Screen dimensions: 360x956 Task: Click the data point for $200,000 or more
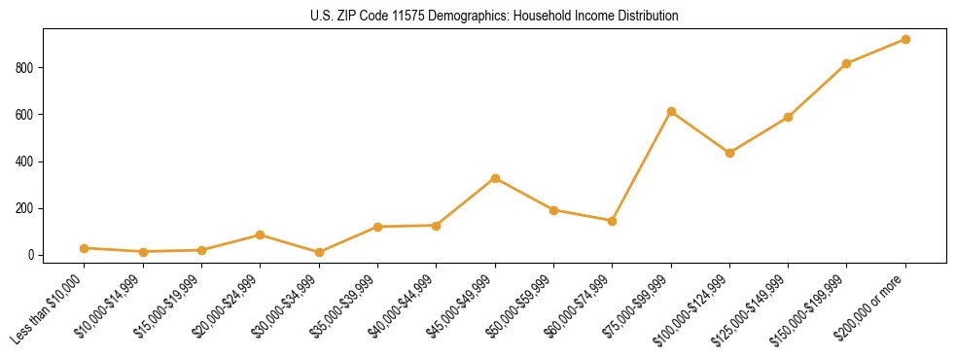tap(905, 40)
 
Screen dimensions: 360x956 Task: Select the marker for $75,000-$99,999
tap(671, 112)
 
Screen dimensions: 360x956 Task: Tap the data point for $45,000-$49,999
tap(495, 179)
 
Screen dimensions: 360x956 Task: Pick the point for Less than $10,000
tap(85, 248)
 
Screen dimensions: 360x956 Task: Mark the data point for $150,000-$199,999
tap(847, 64)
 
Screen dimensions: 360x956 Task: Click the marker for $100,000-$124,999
tap(729, 153)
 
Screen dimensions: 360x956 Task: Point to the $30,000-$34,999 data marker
tap(319, 253)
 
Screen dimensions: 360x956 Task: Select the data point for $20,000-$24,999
tap(261, 234)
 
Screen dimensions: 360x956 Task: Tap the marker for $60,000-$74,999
tap(612, 221)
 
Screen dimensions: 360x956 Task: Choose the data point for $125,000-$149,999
tap(788, 117)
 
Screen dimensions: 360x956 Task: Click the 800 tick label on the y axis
tap(25, 68)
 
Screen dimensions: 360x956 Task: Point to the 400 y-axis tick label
tap(25, 162)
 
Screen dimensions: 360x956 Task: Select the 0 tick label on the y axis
tap(31, 255)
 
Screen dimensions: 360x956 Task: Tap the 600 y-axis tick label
tap(25, 115)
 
